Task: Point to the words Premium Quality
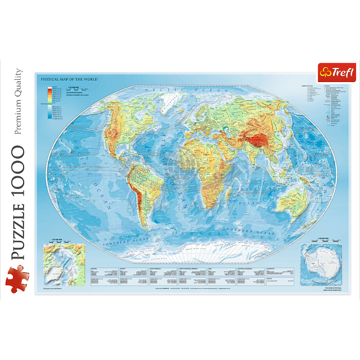click(x=18, y=101)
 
